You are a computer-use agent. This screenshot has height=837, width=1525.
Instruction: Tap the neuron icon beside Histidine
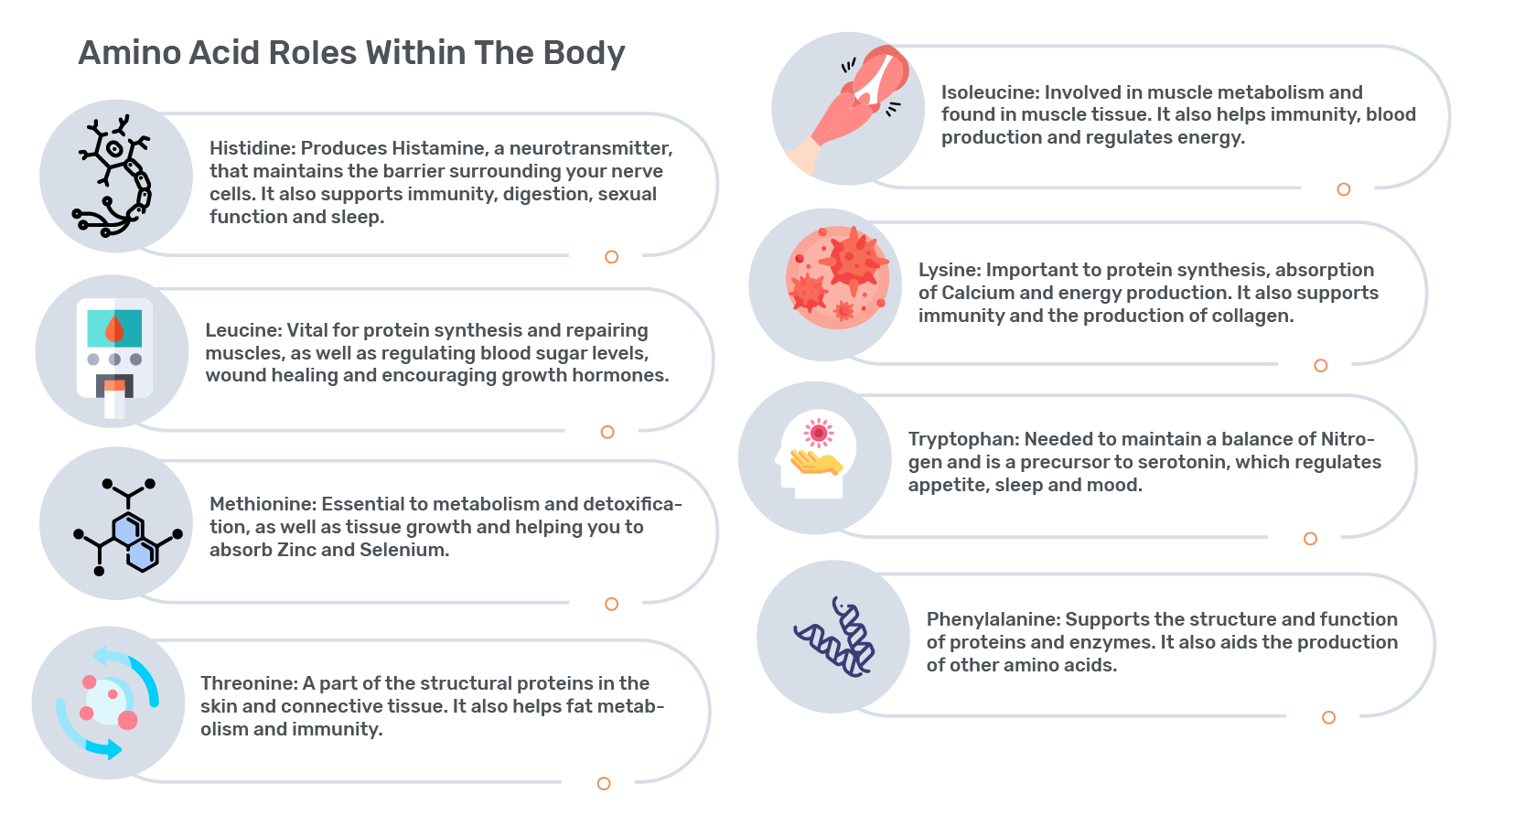112,177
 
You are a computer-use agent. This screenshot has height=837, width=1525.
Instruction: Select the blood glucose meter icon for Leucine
114,358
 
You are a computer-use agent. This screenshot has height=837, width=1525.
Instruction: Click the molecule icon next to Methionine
128,527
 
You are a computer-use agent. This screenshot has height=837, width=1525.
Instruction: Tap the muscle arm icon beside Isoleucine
848,109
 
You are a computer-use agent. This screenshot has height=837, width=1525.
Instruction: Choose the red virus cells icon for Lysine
837,278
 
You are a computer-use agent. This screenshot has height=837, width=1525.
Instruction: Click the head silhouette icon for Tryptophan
815,455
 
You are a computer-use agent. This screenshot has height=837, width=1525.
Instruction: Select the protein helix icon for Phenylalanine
834,637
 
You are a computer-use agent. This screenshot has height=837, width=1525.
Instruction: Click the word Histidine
252,148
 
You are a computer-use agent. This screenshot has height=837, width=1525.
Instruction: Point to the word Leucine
243,330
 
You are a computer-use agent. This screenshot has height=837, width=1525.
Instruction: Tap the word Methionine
263,504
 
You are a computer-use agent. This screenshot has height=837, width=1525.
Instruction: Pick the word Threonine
249,683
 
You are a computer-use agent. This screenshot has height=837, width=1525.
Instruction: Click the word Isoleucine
990,92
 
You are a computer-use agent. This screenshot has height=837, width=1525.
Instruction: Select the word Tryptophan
963,440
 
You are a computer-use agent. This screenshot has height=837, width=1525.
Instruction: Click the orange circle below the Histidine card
611,256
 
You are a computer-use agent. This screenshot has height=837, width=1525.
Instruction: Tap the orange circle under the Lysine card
1321,365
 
